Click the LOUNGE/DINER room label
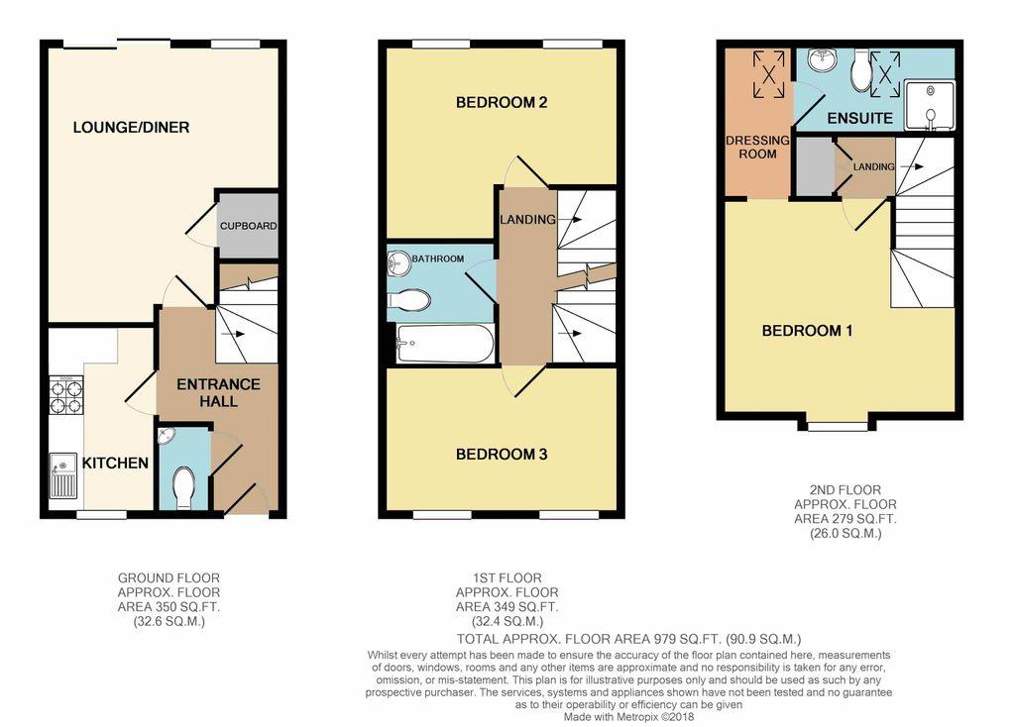click(131, 128)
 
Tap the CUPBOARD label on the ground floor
click(248, 226)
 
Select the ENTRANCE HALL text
click(218, 392)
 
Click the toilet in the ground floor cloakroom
click(183, 487)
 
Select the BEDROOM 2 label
click(502, 103)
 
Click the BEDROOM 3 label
click(502, 455)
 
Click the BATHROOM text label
click(438, 260)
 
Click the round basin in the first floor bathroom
click(399, 262)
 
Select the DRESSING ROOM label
click(757, 148)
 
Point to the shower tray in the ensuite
click(930, 106)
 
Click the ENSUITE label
click(859, 119)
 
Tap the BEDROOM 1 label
click(807, 331)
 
